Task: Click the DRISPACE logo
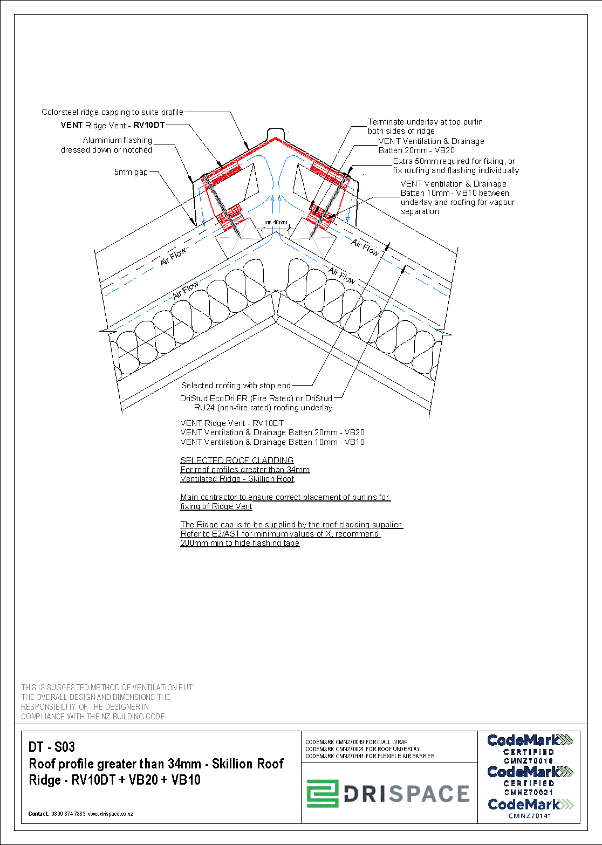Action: (388, 793)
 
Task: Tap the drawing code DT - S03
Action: (52, 747)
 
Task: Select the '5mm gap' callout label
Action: (131, 172)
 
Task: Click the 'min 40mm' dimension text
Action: (276, 222)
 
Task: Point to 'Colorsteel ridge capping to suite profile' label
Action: (112, 112)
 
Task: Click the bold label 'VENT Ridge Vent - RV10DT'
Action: (112, 125)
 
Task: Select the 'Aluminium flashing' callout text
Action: (117, 140)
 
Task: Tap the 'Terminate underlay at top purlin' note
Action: (425, 122)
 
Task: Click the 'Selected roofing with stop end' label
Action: (236, 386)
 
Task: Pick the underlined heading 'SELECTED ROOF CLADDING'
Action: (237, 460)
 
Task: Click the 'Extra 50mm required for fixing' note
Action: (454, 161)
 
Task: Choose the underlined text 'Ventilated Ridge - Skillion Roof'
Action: (237, 479)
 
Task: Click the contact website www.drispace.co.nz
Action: (111, 814)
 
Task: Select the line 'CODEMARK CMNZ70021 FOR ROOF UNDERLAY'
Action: (362, 749)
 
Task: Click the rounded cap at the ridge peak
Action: (276, 133)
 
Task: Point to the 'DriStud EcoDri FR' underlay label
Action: (256, 399)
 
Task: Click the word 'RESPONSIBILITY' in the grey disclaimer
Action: (49, 707)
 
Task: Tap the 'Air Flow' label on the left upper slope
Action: (173, 256)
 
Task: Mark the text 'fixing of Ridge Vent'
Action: (216, 506)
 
